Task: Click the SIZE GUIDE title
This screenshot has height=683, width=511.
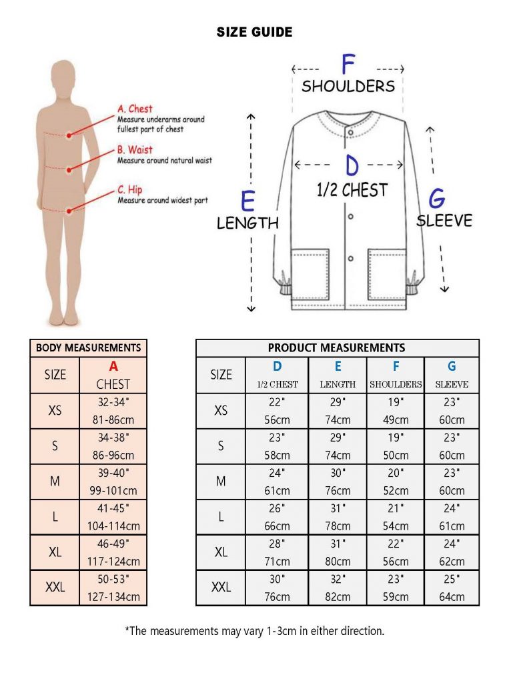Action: click(x=254, y=32)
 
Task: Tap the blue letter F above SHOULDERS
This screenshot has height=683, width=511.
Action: click(x=348, y=64)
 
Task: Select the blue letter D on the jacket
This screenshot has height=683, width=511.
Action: click(x=352, y=165)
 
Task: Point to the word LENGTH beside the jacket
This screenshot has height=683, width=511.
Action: click(x=247, y=223)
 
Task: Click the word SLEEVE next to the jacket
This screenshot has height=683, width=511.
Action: click(x=444, y=220)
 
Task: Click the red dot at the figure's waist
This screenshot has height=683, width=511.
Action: click(x=69, y=169)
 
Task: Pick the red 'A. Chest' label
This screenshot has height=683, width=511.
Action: click(x=135, y=109)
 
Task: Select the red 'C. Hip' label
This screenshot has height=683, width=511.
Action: click(x=130, y=189)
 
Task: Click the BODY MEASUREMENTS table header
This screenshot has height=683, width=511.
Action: click(x=89, y=348)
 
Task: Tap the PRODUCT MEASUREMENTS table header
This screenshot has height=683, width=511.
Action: click(x=336, y=348)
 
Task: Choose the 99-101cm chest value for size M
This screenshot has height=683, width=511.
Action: click(x=113, y=490)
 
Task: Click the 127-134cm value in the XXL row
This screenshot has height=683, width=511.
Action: click(x=113, y=597)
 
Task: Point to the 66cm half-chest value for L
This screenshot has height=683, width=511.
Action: click(x=277, y=526)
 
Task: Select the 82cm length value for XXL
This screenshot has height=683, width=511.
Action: click(x=338, y=597)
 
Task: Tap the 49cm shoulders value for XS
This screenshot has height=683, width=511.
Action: click(x=396, y=420)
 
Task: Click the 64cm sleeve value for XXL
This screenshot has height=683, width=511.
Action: click(x=452, y=597)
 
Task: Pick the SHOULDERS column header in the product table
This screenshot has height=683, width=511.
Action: click(x=396, y=384)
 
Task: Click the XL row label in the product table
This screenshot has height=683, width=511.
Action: click(x=221, y=552)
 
